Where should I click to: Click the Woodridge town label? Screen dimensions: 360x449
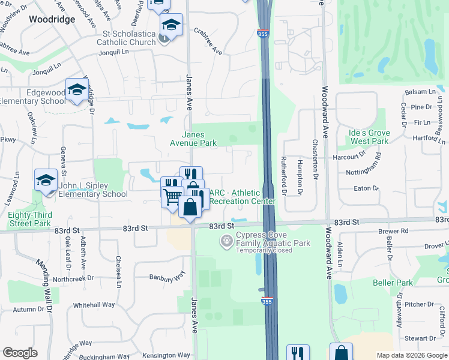point(52,19)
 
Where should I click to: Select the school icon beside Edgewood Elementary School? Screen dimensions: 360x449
point(77,91)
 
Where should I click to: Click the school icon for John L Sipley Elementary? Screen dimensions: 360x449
point(46,180)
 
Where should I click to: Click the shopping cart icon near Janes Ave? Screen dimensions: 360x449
point(172,196)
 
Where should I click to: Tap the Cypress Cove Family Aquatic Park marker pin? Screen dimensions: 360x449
point(226,241)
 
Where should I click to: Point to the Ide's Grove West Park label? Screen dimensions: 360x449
point(370,137)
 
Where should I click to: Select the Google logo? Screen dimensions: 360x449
point(20,353)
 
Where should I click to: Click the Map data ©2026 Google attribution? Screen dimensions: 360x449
point(412,355)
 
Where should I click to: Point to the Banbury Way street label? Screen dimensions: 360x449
point(168,277)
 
